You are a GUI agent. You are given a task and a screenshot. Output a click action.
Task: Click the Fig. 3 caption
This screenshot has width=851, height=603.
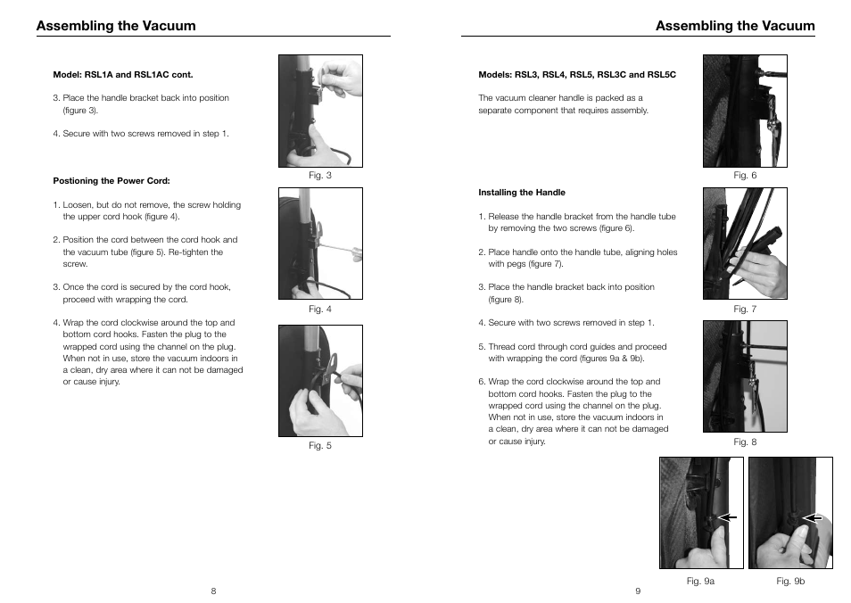319,176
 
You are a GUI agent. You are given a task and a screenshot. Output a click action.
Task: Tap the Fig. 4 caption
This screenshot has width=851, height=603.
319,310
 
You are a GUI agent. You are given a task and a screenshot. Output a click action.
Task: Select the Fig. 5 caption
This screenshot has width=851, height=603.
319,446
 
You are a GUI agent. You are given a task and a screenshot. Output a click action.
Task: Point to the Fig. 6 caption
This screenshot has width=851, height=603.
745,176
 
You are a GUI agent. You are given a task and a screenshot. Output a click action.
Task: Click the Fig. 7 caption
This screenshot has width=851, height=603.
745,310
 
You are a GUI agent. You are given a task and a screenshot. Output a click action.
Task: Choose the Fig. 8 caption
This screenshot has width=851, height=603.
745,442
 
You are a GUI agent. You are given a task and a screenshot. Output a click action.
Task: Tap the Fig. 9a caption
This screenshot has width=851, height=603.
700,582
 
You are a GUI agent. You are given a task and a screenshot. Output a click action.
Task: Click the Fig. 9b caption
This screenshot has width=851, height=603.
790,582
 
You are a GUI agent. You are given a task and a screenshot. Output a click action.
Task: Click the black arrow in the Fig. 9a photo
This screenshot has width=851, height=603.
728,516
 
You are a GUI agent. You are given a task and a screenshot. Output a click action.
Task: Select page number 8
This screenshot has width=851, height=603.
213,591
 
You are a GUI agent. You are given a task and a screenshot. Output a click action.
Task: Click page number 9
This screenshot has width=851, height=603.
638,591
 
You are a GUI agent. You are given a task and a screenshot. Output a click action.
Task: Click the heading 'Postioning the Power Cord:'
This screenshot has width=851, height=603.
112,181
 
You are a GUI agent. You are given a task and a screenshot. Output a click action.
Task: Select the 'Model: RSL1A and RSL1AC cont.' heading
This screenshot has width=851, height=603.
123,75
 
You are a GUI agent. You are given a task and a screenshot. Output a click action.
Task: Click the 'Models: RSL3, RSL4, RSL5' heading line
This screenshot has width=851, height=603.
577,75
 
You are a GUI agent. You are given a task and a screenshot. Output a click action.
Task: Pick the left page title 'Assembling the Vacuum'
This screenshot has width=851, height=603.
116,26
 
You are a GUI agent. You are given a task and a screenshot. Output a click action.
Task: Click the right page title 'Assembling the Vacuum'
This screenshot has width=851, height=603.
735,26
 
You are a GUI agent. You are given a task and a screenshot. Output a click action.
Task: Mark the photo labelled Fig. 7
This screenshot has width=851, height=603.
745,244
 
